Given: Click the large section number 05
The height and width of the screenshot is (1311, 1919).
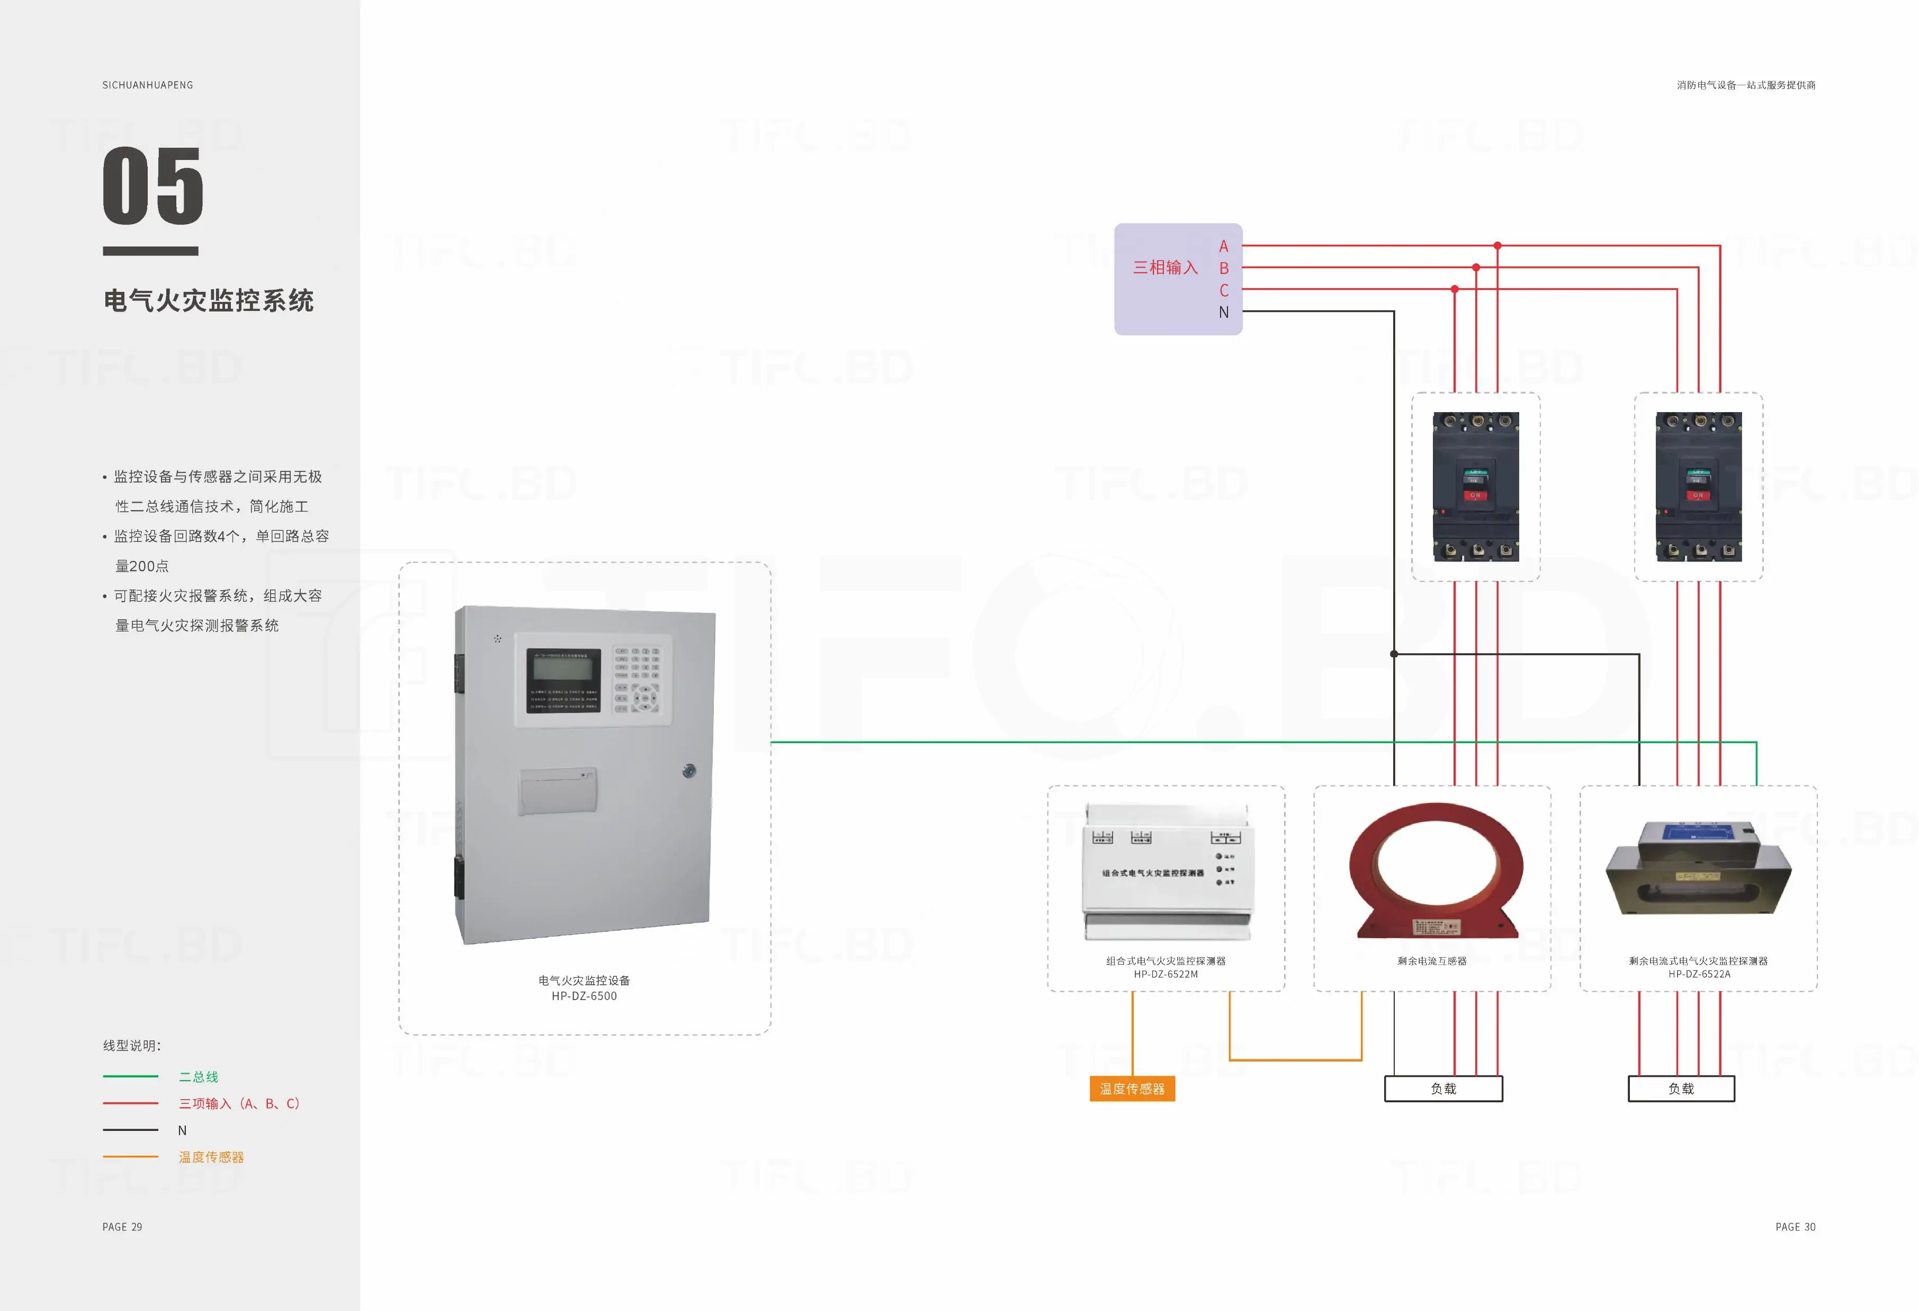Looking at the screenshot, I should click(153, 186).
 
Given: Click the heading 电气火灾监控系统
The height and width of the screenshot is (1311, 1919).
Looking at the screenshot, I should click(208, 301).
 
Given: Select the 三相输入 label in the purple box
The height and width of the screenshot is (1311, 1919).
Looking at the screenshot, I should click(1164, 267).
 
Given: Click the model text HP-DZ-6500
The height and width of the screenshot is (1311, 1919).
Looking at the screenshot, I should click(584, 996).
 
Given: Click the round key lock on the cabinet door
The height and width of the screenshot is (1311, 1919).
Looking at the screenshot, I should click(689, 771).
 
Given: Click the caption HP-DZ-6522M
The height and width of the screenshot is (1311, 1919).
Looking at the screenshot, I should click(1165, 975).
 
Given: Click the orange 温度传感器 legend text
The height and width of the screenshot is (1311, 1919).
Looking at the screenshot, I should click(211, 1157).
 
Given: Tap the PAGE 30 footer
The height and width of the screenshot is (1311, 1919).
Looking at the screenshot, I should click(1795, 1227).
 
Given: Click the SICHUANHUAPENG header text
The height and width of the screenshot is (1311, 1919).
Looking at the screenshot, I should click(148, 85).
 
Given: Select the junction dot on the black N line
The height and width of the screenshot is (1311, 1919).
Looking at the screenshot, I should click(1394, 654).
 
